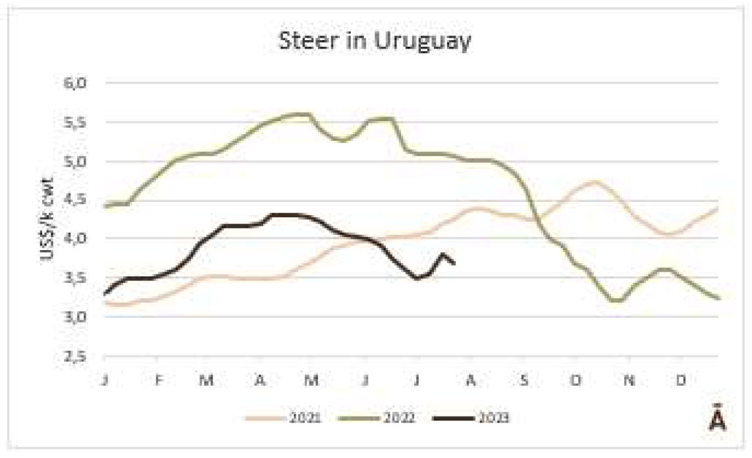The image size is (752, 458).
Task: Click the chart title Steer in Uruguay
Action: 375,41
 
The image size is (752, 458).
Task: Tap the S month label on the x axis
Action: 524,381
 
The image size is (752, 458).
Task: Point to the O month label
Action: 577,381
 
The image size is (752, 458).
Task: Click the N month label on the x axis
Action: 629,381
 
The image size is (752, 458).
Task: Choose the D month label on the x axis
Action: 682,381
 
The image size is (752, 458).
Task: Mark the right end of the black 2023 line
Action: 454,263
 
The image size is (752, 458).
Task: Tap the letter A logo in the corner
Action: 717,420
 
